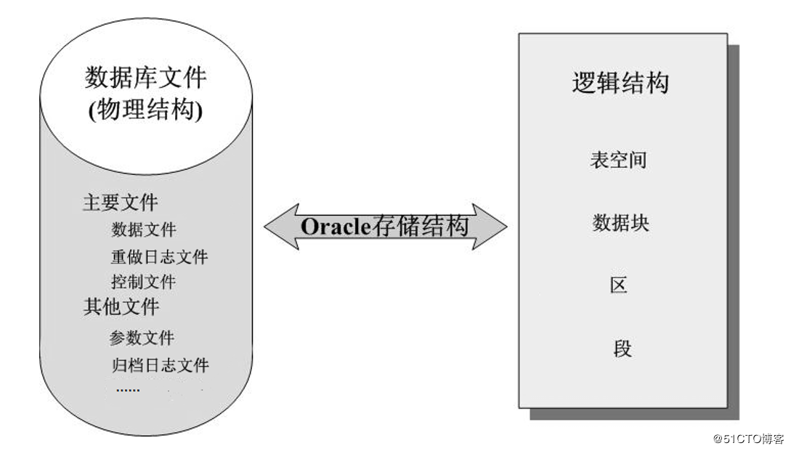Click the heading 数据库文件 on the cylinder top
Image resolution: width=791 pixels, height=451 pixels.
145,78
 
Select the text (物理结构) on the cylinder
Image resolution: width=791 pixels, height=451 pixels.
145,110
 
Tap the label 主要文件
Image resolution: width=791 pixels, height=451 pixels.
120,203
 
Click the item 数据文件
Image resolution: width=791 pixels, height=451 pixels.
144,229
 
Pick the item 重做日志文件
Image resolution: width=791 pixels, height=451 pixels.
159,257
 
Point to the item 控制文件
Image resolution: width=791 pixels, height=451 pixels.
144,282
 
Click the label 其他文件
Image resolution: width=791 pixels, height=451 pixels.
121,306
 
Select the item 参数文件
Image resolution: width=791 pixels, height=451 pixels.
142,338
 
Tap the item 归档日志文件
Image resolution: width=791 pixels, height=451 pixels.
161,365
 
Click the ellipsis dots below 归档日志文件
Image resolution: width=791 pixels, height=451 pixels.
128,390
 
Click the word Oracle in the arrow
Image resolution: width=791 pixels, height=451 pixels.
336,227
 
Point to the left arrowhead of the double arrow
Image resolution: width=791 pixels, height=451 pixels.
282,227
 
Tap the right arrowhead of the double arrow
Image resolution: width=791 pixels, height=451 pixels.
490,227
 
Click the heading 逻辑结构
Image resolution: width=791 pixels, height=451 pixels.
620,83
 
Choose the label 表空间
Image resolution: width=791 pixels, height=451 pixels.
618,160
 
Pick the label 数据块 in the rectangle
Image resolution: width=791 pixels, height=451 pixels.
620,222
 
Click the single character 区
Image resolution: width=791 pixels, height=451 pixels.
619,285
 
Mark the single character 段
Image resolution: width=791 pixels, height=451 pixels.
622,348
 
